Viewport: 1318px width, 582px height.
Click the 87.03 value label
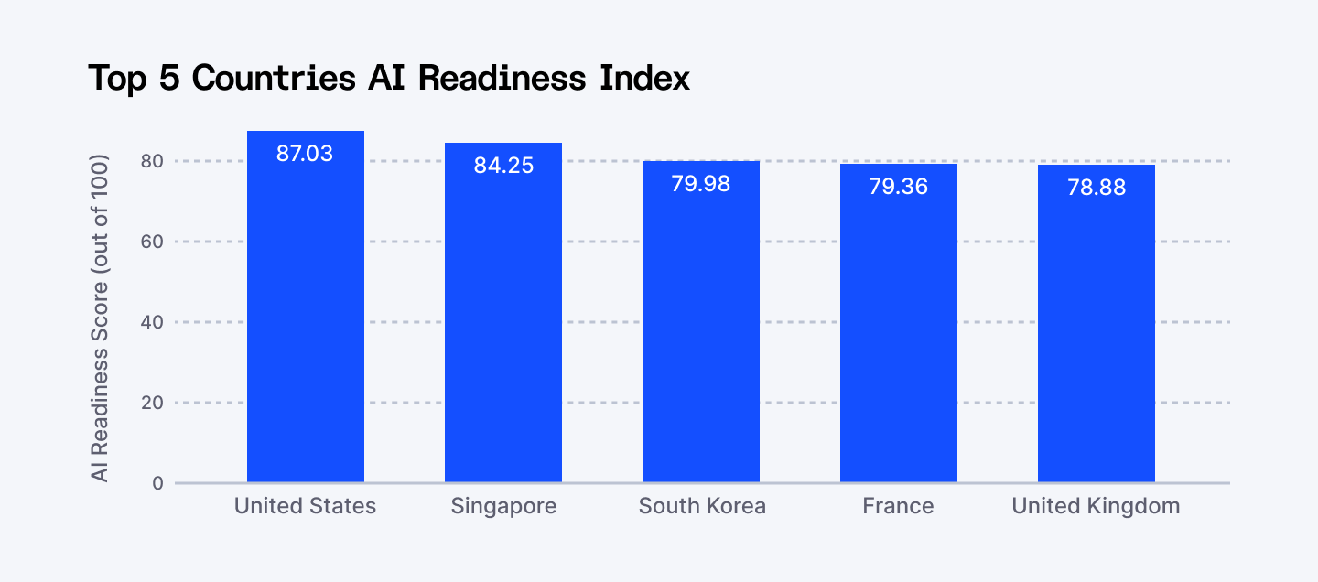305,154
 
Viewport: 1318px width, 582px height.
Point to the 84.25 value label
503,167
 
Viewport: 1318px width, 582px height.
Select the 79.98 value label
701,184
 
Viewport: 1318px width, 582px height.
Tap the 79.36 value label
899,187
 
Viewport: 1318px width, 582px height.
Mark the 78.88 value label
1097,188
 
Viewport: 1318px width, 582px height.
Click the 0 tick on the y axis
157,483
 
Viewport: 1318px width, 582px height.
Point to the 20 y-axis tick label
152,403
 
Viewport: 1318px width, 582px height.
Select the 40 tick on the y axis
152,322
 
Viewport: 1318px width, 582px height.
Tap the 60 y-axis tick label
152,242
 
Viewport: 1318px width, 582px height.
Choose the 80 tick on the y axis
152,161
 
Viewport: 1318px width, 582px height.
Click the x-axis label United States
305,506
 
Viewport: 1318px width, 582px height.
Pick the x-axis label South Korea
702,506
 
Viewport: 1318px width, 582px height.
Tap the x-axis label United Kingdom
1096,506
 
